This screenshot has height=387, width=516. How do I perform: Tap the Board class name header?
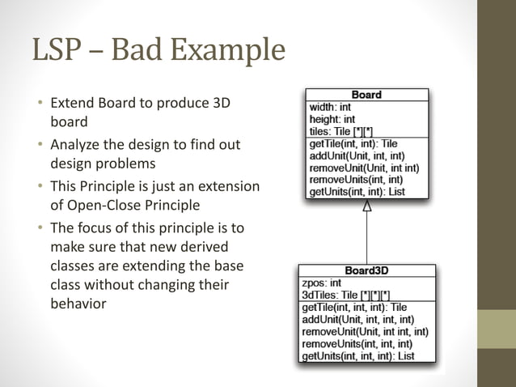366,95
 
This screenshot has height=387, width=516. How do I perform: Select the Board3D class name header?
366,271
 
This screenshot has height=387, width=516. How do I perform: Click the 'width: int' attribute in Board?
330,107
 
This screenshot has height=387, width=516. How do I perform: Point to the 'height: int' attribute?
332,119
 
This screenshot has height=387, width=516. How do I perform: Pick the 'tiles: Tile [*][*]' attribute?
340,131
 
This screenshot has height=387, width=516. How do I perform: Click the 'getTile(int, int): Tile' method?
354,143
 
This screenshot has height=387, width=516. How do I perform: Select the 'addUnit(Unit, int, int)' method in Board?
357,155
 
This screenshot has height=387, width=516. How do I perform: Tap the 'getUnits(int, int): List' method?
356,192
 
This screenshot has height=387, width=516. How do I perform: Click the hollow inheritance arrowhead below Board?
367,206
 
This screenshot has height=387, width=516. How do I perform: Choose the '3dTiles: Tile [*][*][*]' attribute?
345,296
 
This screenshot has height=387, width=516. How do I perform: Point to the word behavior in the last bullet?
78,304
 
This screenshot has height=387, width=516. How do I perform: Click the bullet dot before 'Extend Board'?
38,104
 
